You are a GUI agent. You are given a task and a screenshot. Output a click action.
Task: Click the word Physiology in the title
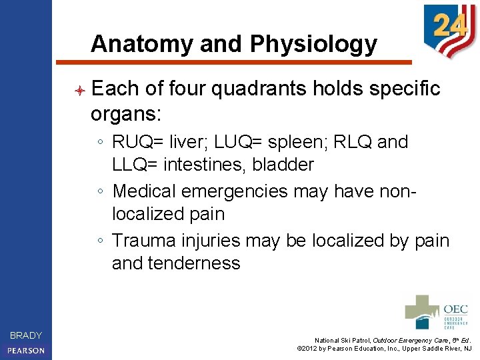tap(313, 44)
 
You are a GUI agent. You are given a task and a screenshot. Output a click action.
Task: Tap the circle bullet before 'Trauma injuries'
tap(99, 241)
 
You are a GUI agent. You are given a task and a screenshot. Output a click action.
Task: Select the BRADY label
tap(26, 335)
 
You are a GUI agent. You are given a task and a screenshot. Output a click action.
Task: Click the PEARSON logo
tap(26, 350)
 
